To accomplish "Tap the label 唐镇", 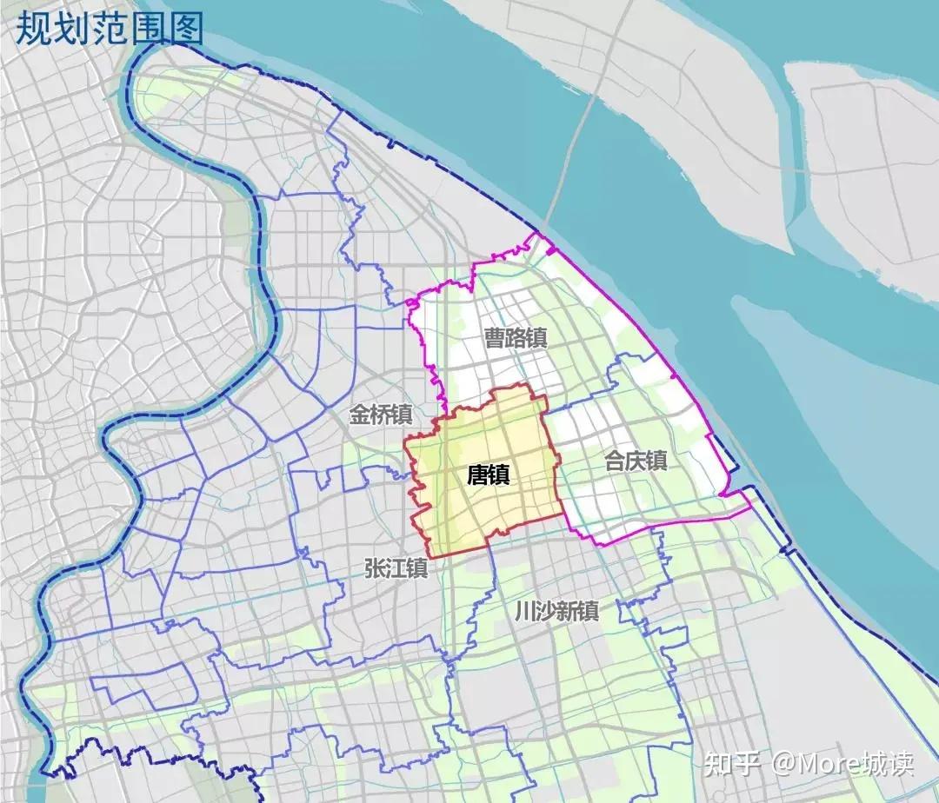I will tap(489, 475).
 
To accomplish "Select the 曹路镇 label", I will tap(516, 338).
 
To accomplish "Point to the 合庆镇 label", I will tap(636, 461).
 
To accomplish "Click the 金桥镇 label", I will tap(381, 415).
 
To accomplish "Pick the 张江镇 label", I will tap(396, 568).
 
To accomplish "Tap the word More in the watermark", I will tap(827, 764).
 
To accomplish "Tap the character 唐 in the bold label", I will tap(477, 475).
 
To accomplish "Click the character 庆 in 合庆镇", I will tap(636, 461).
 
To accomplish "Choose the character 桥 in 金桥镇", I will tap(381, 415).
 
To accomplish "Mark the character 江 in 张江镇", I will tap(396, 568).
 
